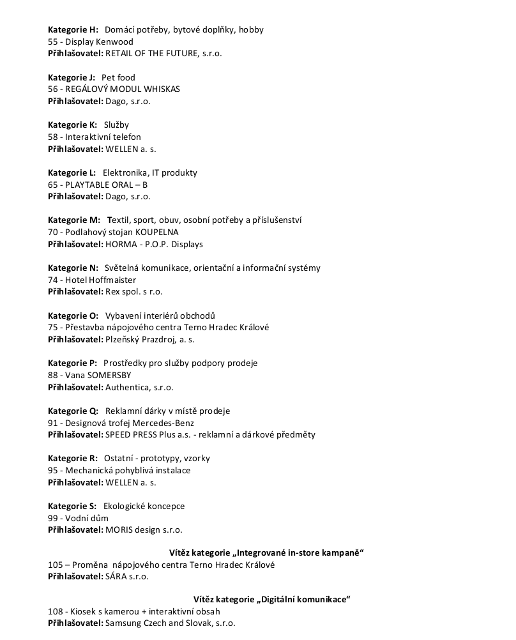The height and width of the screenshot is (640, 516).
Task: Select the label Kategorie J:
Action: click(x=72, y=77)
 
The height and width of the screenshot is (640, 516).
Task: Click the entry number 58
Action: click(x=53, y=137)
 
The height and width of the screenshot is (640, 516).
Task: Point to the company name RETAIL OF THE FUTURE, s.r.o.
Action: click(x=163, y=54)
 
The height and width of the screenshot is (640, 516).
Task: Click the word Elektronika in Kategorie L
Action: click(x=125, y=172)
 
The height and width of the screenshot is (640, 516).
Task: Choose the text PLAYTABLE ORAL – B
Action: click(x=107, y=185)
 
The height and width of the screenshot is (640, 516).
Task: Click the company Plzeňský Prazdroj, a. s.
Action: click(x=150, y=339)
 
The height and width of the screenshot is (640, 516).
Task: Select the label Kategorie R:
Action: click(x=72, y=458)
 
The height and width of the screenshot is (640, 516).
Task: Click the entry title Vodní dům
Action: click(x=87, y=518)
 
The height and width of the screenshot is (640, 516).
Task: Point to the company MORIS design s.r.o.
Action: click(x=144, y=530)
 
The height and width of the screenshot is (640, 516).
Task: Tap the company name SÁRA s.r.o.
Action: click(x=126, y=577)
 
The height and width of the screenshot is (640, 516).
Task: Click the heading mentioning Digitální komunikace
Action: click(x=272, y=599)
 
